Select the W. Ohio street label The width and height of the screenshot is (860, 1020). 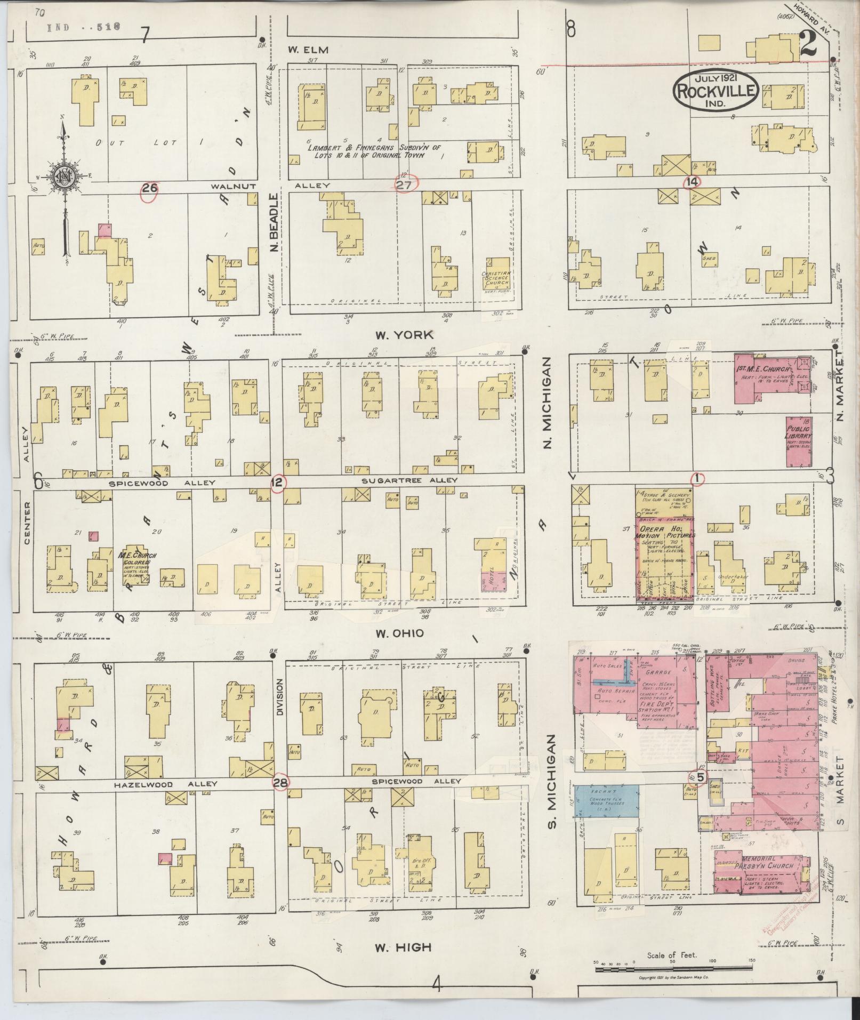(399, 633)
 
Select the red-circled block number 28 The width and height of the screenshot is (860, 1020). (280, 782)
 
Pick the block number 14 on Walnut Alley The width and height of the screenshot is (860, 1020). (692, 182)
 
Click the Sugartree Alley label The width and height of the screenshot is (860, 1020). (409, 480)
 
